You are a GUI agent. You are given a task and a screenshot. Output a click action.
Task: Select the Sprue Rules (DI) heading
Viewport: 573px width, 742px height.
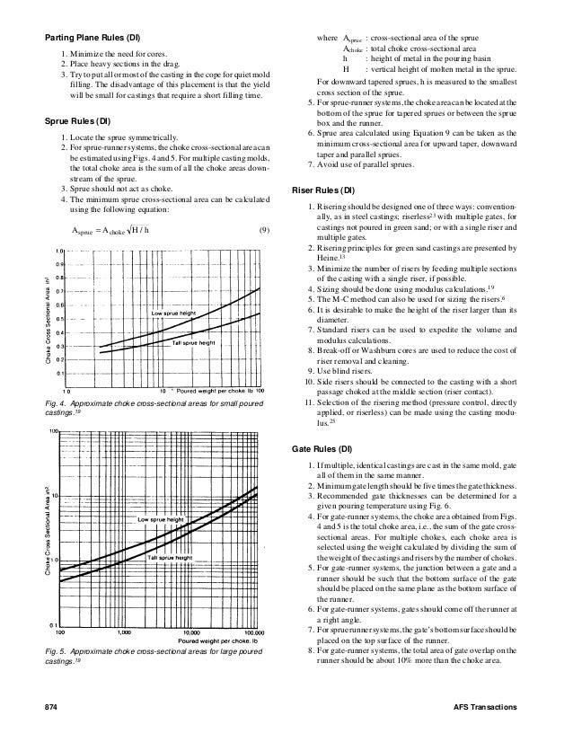click(x=78, y=120)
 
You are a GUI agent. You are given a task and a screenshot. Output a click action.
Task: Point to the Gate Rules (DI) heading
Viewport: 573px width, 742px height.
click(x=323, y=447)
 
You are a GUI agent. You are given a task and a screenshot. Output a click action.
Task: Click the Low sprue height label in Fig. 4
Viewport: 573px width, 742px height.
click(x=175, y=312)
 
